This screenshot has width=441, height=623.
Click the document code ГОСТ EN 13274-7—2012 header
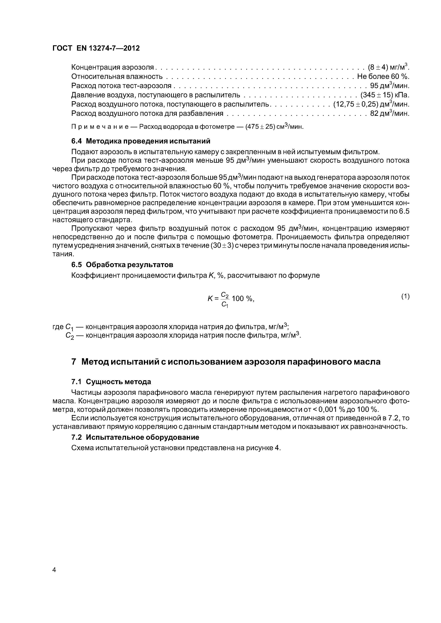point(96,48)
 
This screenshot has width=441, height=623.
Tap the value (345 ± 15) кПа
point(384,95)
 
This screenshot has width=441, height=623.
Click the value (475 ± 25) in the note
point(258,127)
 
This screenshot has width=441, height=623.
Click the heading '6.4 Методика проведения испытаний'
point(141,141)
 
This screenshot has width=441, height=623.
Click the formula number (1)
point(405,297)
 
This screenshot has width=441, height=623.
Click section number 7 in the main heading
point(74,362)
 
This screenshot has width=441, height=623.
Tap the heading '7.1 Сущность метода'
point(111,382)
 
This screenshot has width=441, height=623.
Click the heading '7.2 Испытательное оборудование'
point(135,437)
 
